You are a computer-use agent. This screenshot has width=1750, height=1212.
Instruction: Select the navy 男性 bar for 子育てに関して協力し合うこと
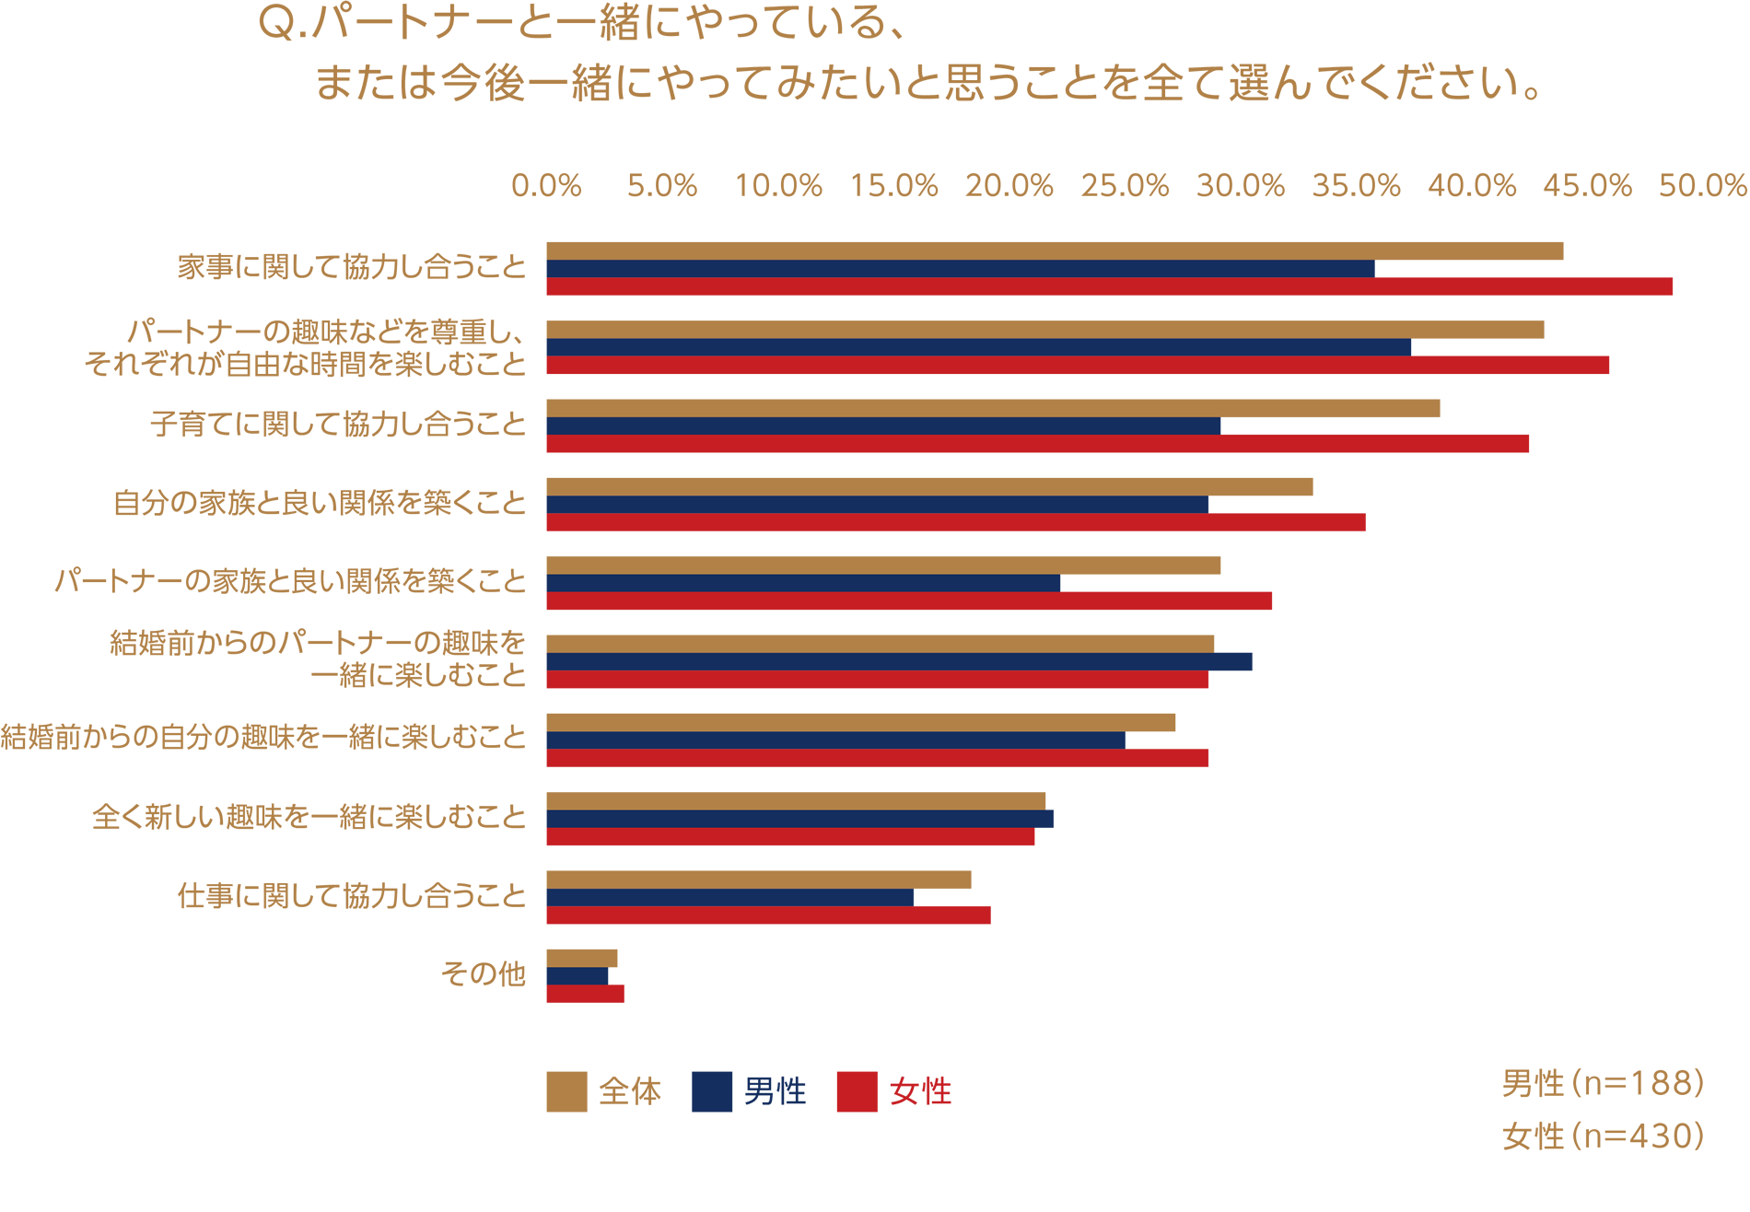[883, 425]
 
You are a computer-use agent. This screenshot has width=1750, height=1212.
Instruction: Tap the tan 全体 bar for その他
[581, 958]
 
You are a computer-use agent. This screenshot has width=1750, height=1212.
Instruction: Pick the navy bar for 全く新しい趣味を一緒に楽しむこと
[799, 819]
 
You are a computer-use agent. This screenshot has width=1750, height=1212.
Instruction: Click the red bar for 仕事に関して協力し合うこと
[768, 915]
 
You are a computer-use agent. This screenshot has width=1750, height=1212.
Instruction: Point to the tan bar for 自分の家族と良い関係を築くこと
[929, 486]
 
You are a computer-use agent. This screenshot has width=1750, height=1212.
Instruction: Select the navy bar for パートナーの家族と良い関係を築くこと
[803, 583]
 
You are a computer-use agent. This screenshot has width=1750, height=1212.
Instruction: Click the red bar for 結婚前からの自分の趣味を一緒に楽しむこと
[877, 758]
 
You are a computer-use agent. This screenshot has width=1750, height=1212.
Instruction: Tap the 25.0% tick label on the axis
[1125, 186]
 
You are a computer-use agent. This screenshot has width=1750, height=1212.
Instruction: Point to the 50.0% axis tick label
[1702, 186]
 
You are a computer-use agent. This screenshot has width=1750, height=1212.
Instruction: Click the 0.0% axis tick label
[546, 186]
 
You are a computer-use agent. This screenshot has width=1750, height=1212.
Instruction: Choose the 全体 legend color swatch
[566, 1091]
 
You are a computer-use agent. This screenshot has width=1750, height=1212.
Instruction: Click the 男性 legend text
[775, 1091]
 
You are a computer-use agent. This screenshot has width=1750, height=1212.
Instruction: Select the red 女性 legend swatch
[857, 1091]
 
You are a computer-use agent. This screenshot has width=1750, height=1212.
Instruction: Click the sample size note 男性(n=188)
[1603, 1084]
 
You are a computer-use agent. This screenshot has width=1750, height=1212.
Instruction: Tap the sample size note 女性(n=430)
[1603, 1136]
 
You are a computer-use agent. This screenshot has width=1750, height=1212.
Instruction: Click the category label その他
[483, 974]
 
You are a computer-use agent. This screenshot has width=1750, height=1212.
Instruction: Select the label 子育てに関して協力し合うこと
[337, 425]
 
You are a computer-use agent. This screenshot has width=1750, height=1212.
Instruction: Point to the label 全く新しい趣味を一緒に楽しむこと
[309, 818]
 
